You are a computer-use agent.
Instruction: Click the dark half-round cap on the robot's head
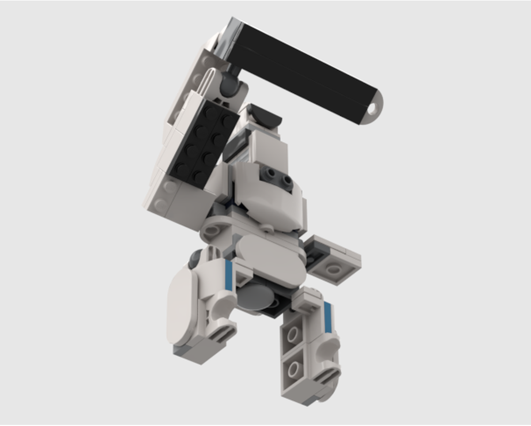(x=265, y=115)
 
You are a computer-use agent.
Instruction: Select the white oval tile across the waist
(x=271, y=259)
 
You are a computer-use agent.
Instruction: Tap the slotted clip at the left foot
(x=223, y=332)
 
